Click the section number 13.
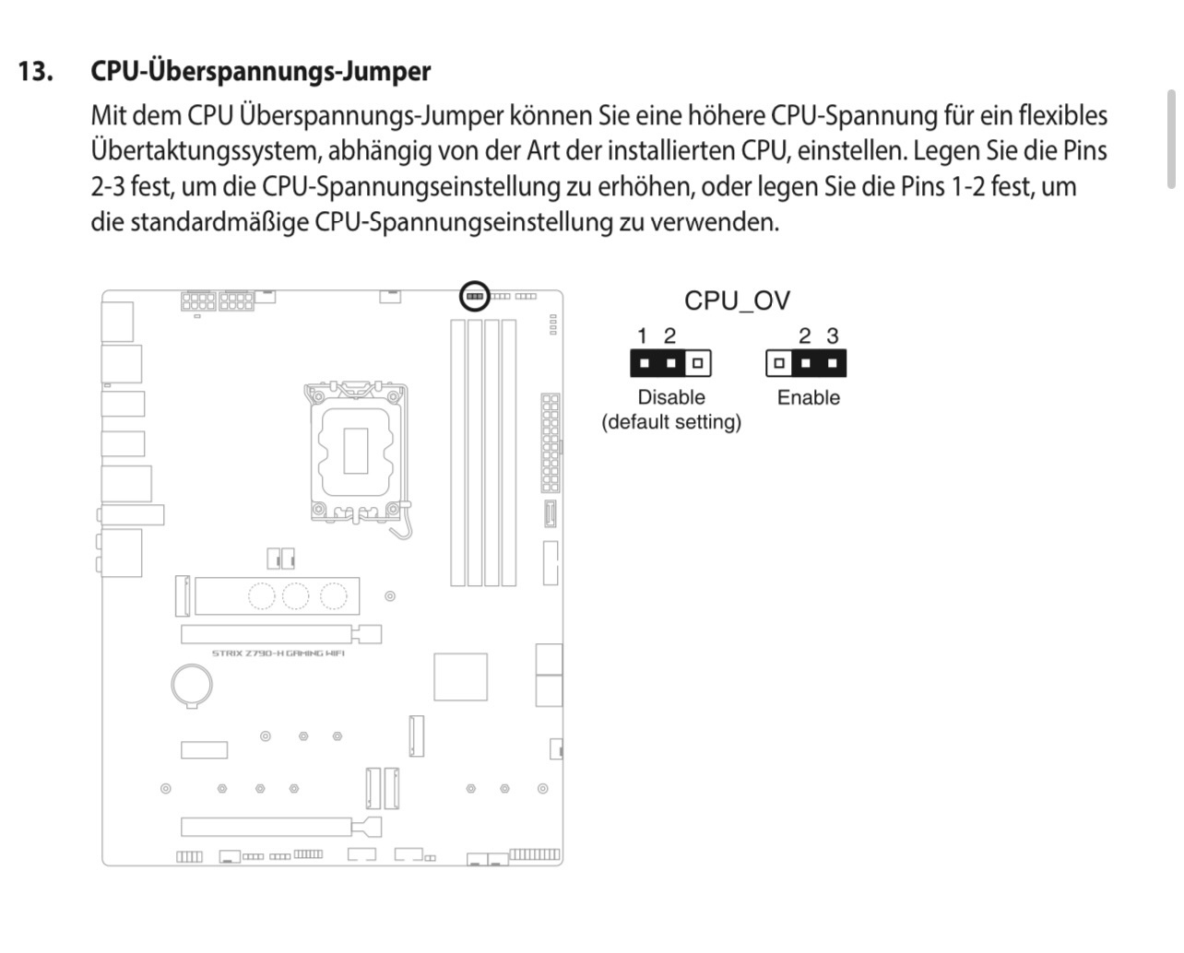[36, 72]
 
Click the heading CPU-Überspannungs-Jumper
[261, 72]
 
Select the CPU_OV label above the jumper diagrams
[738, 300]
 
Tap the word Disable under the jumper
[671, 397]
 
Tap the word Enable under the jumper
[808, 397]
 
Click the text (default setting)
[671, 422]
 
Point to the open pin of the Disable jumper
[698, 363]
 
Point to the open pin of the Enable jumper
[779, 363]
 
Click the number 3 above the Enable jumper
[833, 335]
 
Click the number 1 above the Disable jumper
[642, 335]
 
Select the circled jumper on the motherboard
[474, 297]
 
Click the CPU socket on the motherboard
[357, 451]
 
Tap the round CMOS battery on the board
[192, 685]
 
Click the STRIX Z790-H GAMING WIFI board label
[278, 653]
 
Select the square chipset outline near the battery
[460, 677]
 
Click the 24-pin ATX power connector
[551, 442]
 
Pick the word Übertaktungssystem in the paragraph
[207, 151]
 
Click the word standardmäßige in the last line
[219, 223]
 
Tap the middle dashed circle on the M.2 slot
[295, 596]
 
